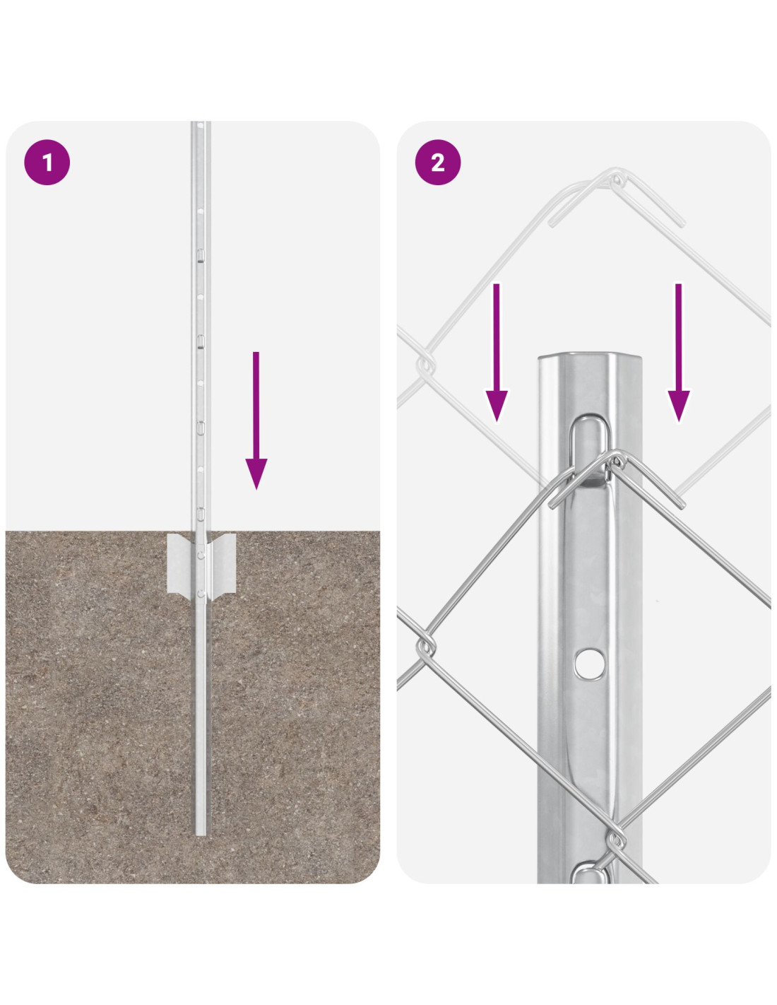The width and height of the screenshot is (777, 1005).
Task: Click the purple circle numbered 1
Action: (47, 163)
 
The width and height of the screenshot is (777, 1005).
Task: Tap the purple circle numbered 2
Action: (437, 163)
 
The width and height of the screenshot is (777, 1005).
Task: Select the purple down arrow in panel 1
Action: (256, 421)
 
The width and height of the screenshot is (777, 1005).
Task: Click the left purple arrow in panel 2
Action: (497, 353)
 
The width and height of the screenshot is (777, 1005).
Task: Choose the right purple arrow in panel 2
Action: (678, 353)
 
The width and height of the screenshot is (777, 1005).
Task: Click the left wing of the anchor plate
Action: (179, 563)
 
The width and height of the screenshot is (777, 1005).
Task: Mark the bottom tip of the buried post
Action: (201, 835)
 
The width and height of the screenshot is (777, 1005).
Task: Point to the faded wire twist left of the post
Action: (425, 365)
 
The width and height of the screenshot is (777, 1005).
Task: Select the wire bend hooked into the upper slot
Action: (615, 462)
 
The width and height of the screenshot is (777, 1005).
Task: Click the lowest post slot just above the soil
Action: (201, 514)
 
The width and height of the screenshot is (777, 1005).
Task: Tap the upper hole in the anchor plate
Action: (201, 553)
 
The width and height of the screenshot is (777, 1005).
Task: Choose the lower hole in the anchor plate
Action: (201, 593)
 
